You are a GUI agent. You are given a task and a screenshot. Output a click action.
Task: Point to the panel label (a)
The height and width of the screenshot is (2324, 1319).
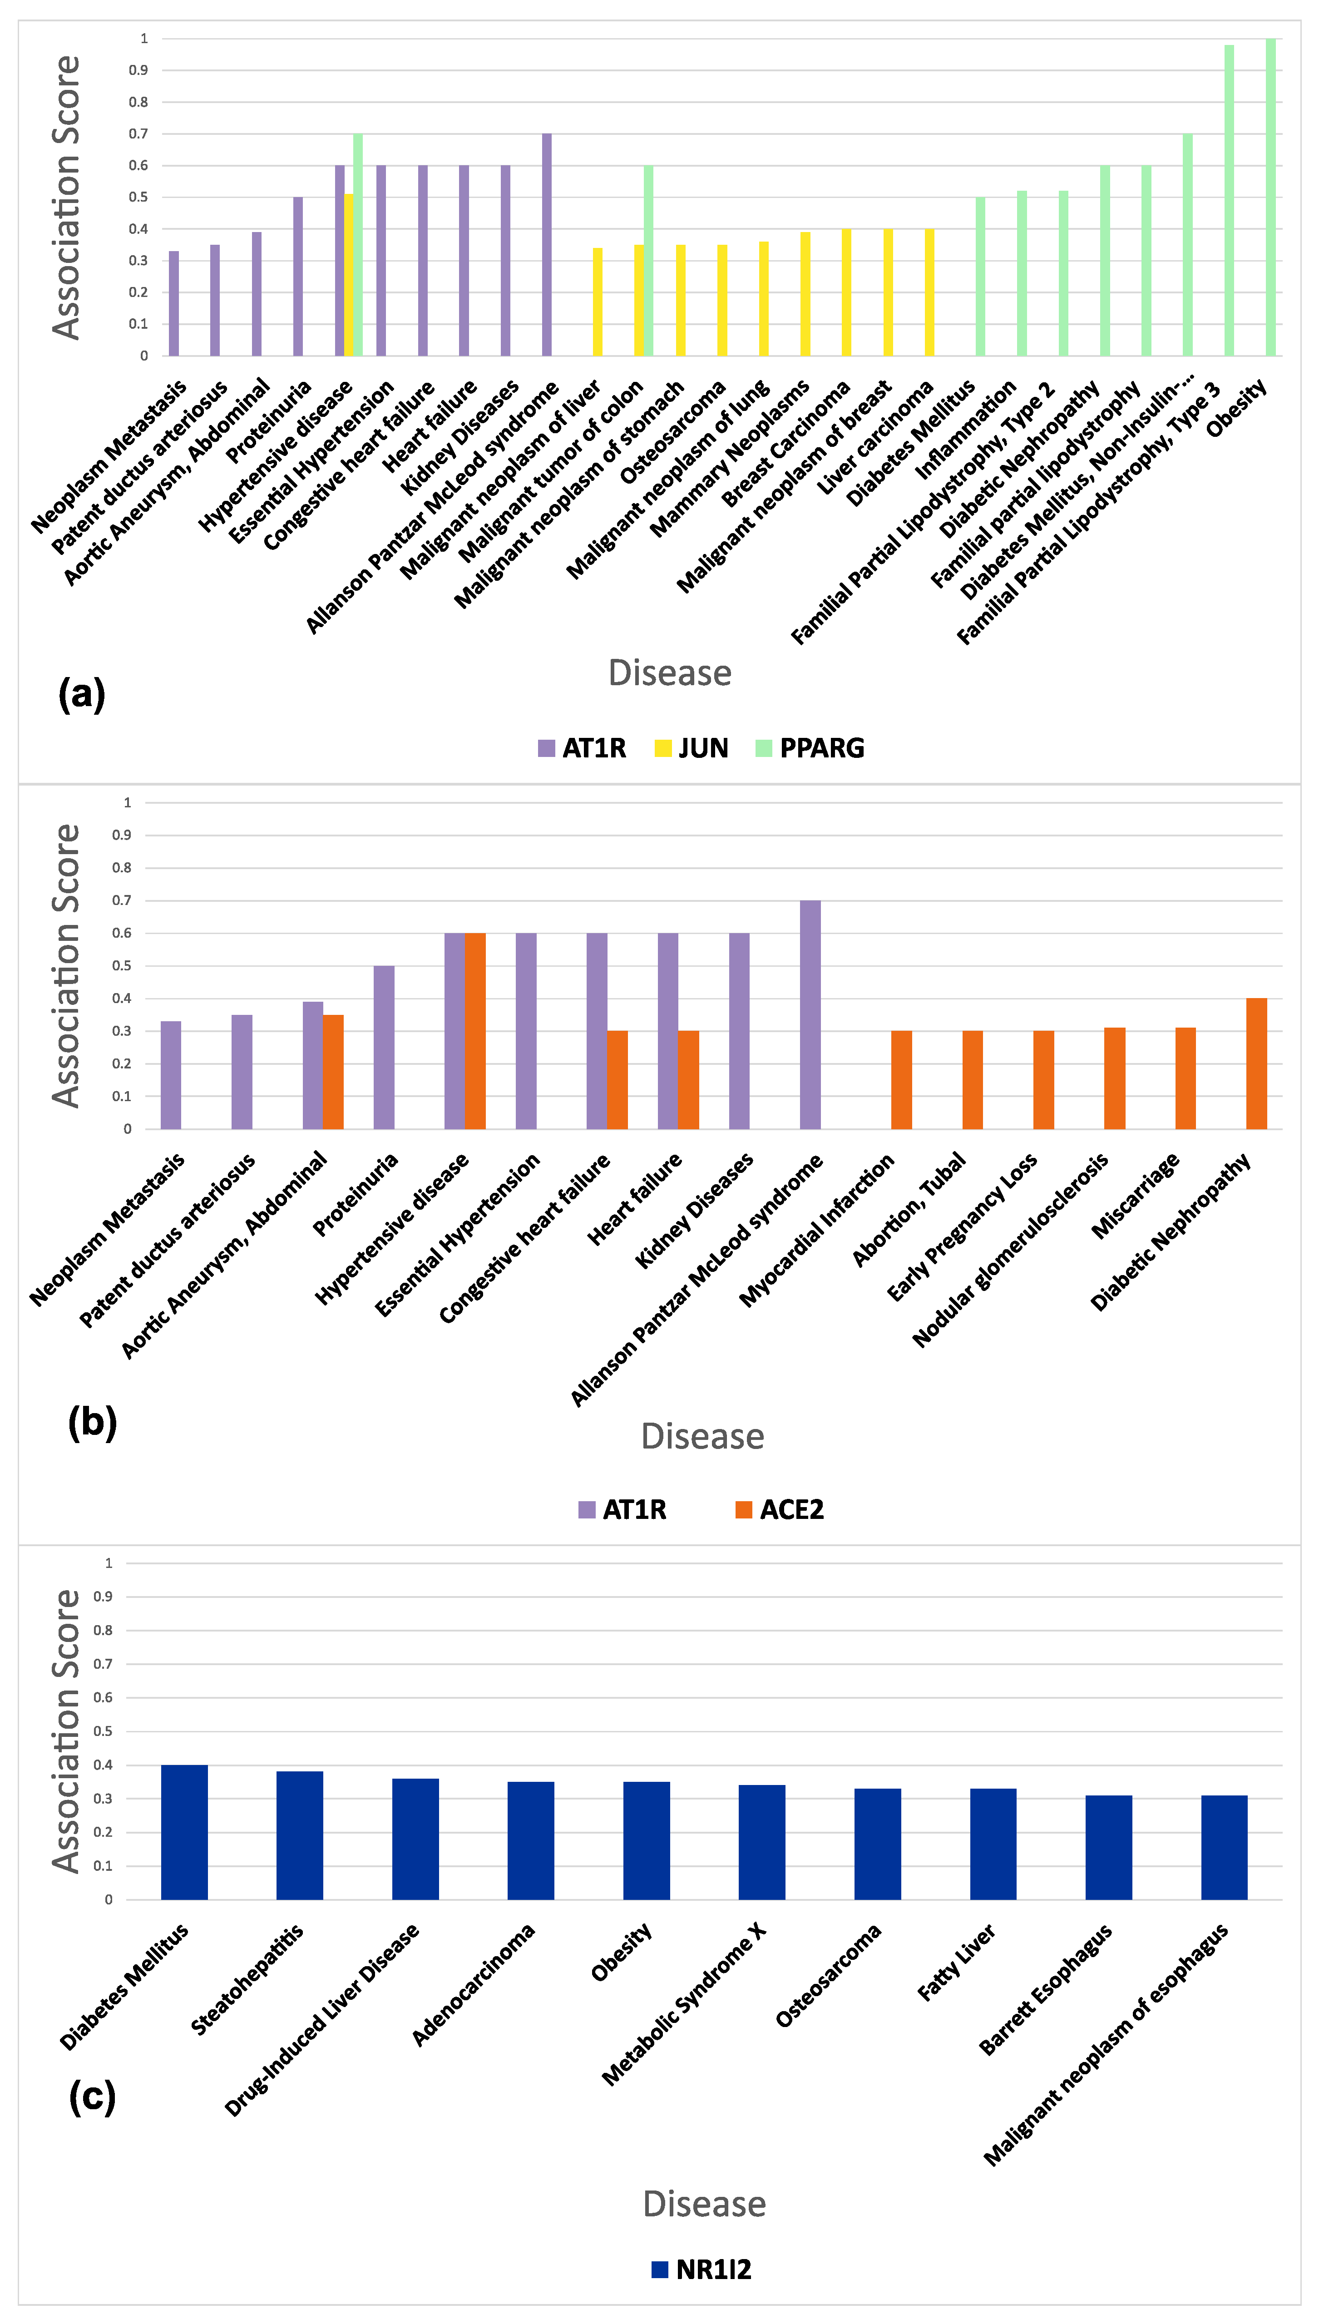point(82,695)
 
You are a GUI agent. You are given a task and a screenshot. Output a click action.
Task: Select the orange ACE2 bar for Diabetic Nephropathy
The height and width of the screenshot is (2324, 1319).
point(1256,1064)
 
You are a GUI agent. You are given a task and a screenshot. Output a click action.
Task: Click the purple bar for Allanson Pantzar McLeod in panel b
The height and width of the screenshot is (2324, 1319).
point(810,1014)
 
